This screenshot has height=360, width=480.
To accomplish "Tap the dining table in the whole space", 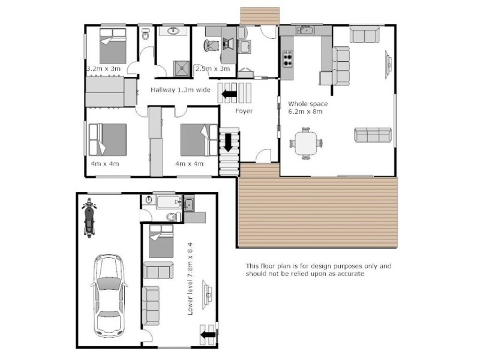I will [307, 143].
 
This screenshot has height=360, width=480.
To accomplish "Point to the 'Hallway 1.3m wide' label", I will [180, 90].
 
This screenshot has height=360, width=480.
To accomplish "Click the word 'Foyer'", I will [244, 112].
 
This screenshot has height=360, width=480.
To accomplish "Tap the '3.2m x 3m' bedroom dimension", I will [104, 69].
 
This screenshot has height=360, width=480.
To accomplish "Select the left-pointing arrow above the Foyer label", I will [229, 94].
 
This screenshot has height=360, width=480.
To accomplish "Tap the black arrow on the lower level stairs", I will [208, 334].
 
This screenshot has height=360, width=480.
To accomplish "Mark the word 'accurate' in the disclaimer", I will [348, 274].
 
